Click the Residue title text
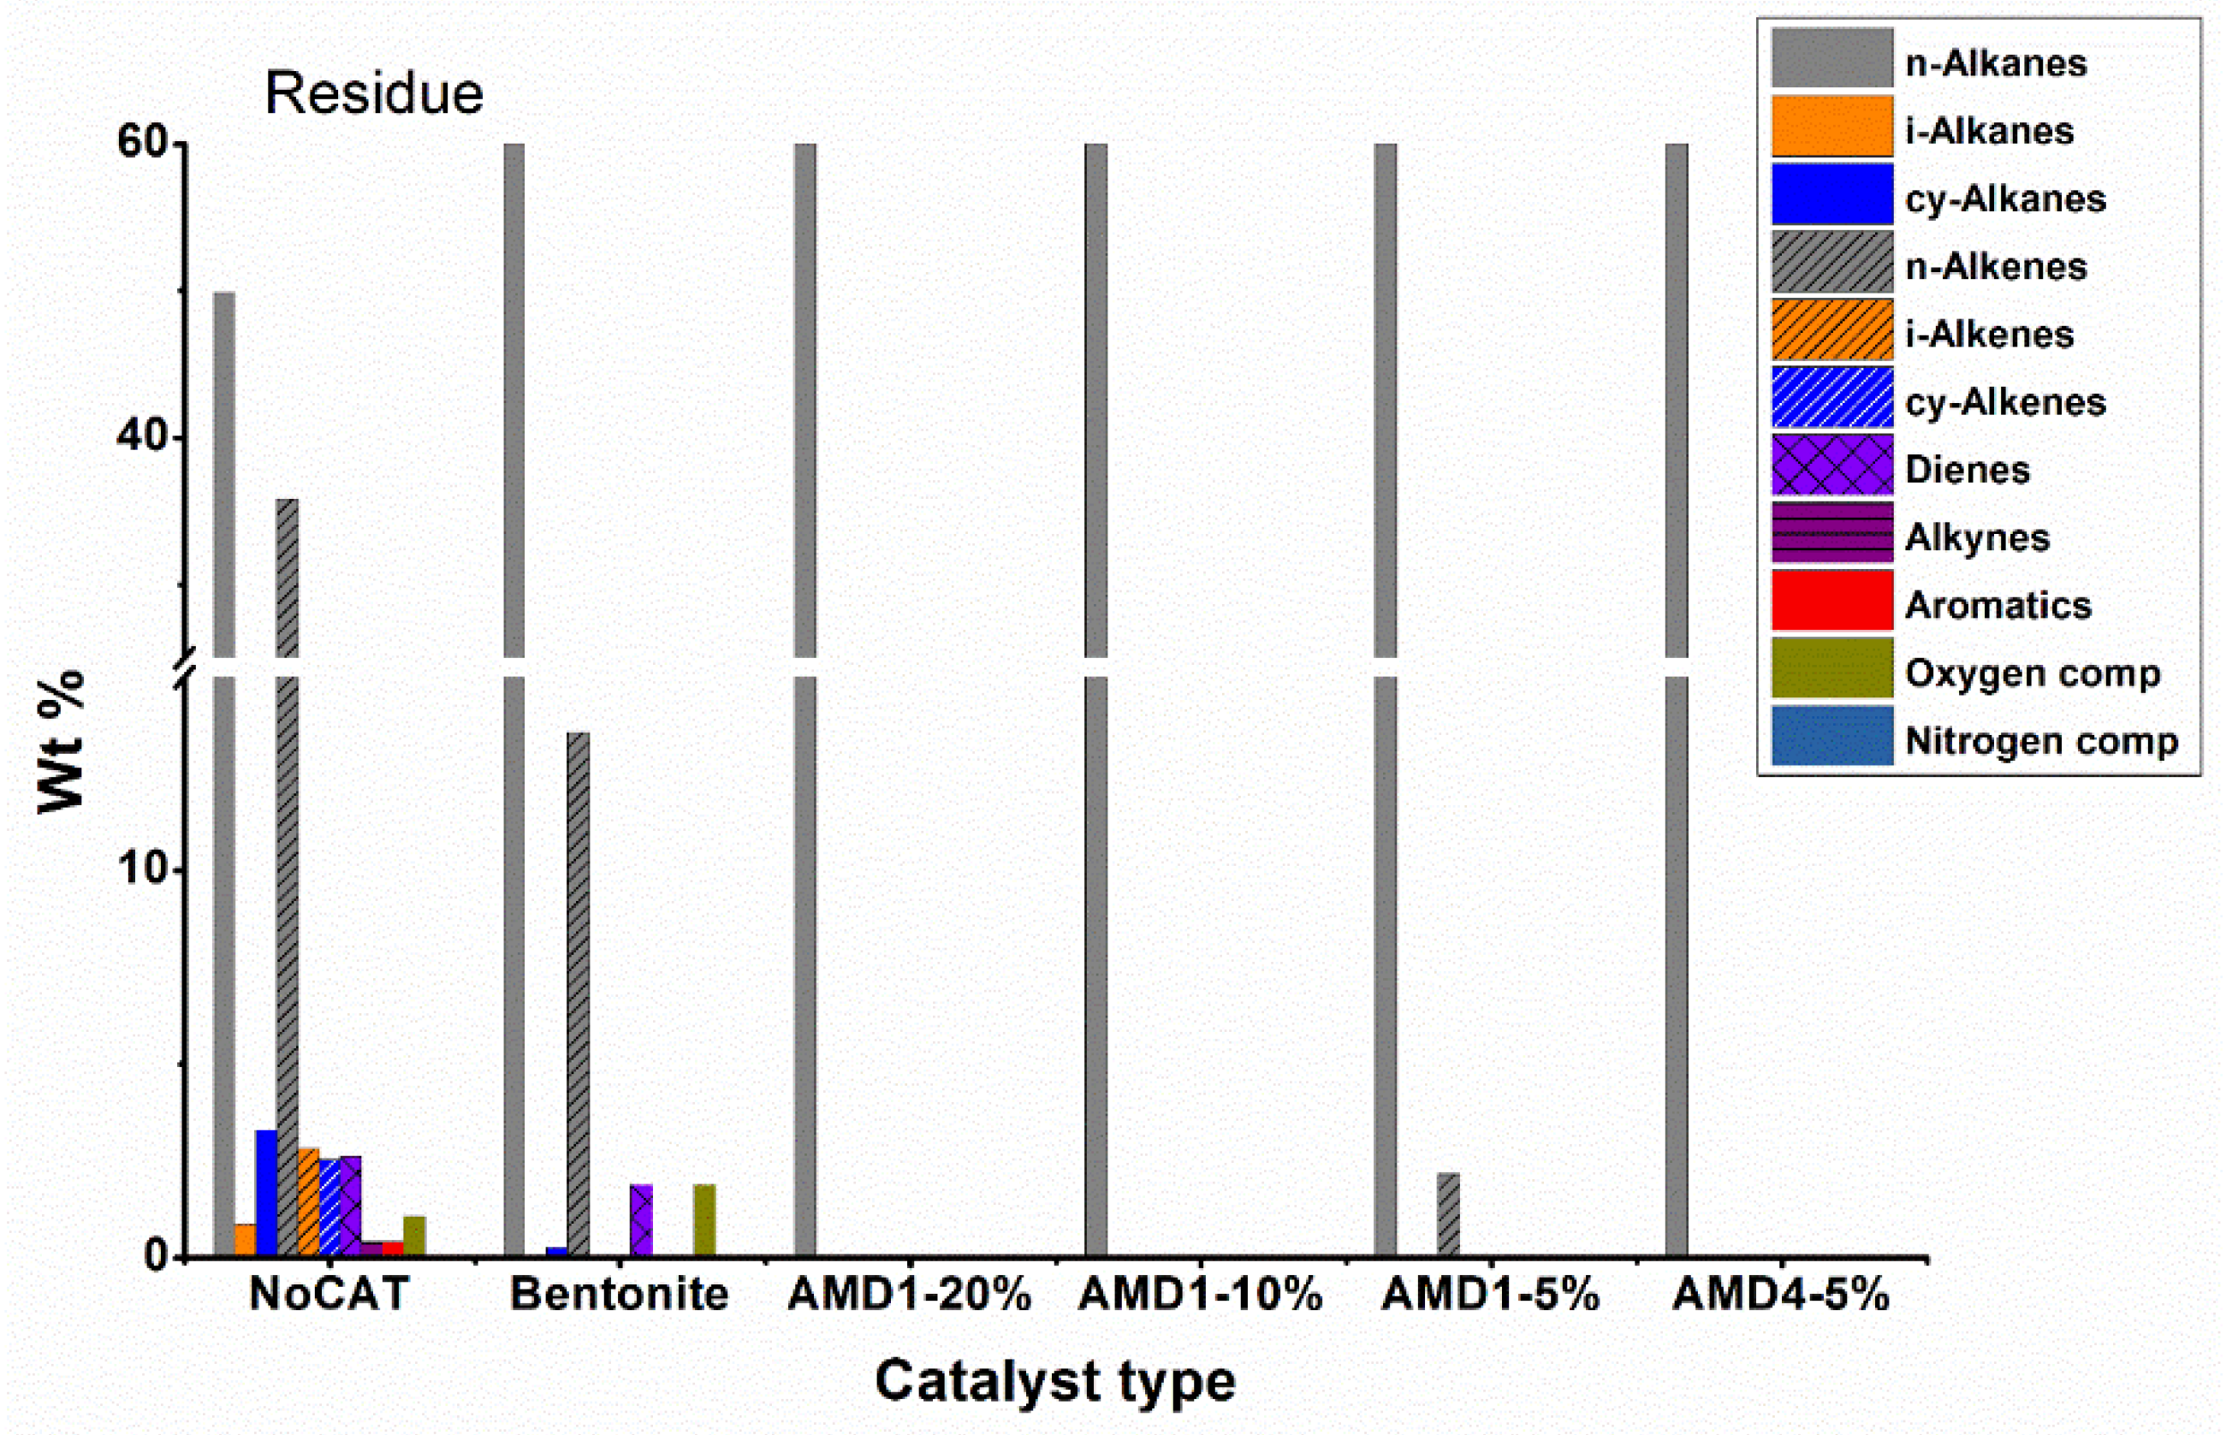click(x=374, y=93)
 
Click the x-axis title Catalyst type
click(x=1054, y=1381)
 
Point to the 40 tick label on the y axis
click(x=140, y=437)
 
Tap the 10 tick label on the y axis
click(x=140, y=869)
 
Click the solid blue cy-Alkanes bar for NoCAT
click(x=266, y=1193)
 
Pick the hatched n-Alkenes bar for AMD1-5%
click(x=1448, y=1214)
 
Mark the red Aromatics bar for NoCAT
click(x=392, y=1248)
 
